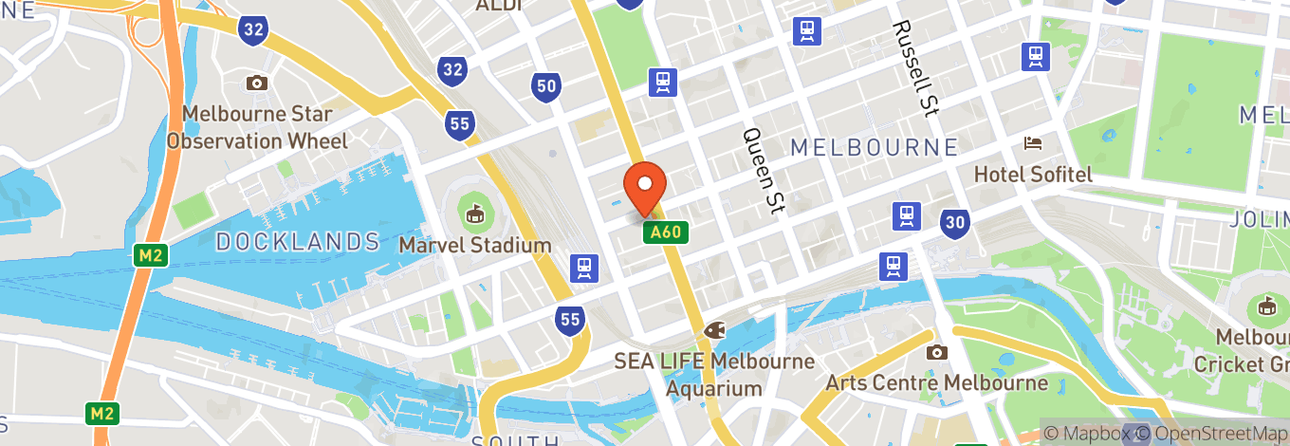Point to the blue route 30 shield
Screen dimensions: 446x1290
(x=955, y=224)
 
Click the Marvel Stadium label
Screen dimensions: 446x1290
(x=475, y=246)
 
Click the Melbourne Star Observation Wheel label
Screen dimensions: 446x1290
(x=257, y=128)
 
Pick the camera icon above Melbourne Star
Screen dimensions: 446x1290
(x=256, y=84)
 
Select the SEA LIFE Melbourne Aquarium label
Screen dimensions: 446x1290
(x=714, y=375)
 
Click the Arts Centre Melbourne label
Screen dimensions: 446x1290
(x=937, y=383)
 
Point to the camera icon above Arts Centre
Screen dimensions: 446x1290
(x=937, y=352)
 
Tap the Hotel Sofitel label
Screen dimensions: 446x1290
(x=1034, y=175)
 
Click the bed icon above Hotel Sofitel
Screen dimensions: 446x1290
(x=1033, y=144)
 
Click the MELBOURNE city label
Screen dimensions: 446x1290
(x=874, y=147)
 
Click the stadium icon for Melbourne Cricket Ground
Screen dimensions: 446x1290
(x=1265, y=306)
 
